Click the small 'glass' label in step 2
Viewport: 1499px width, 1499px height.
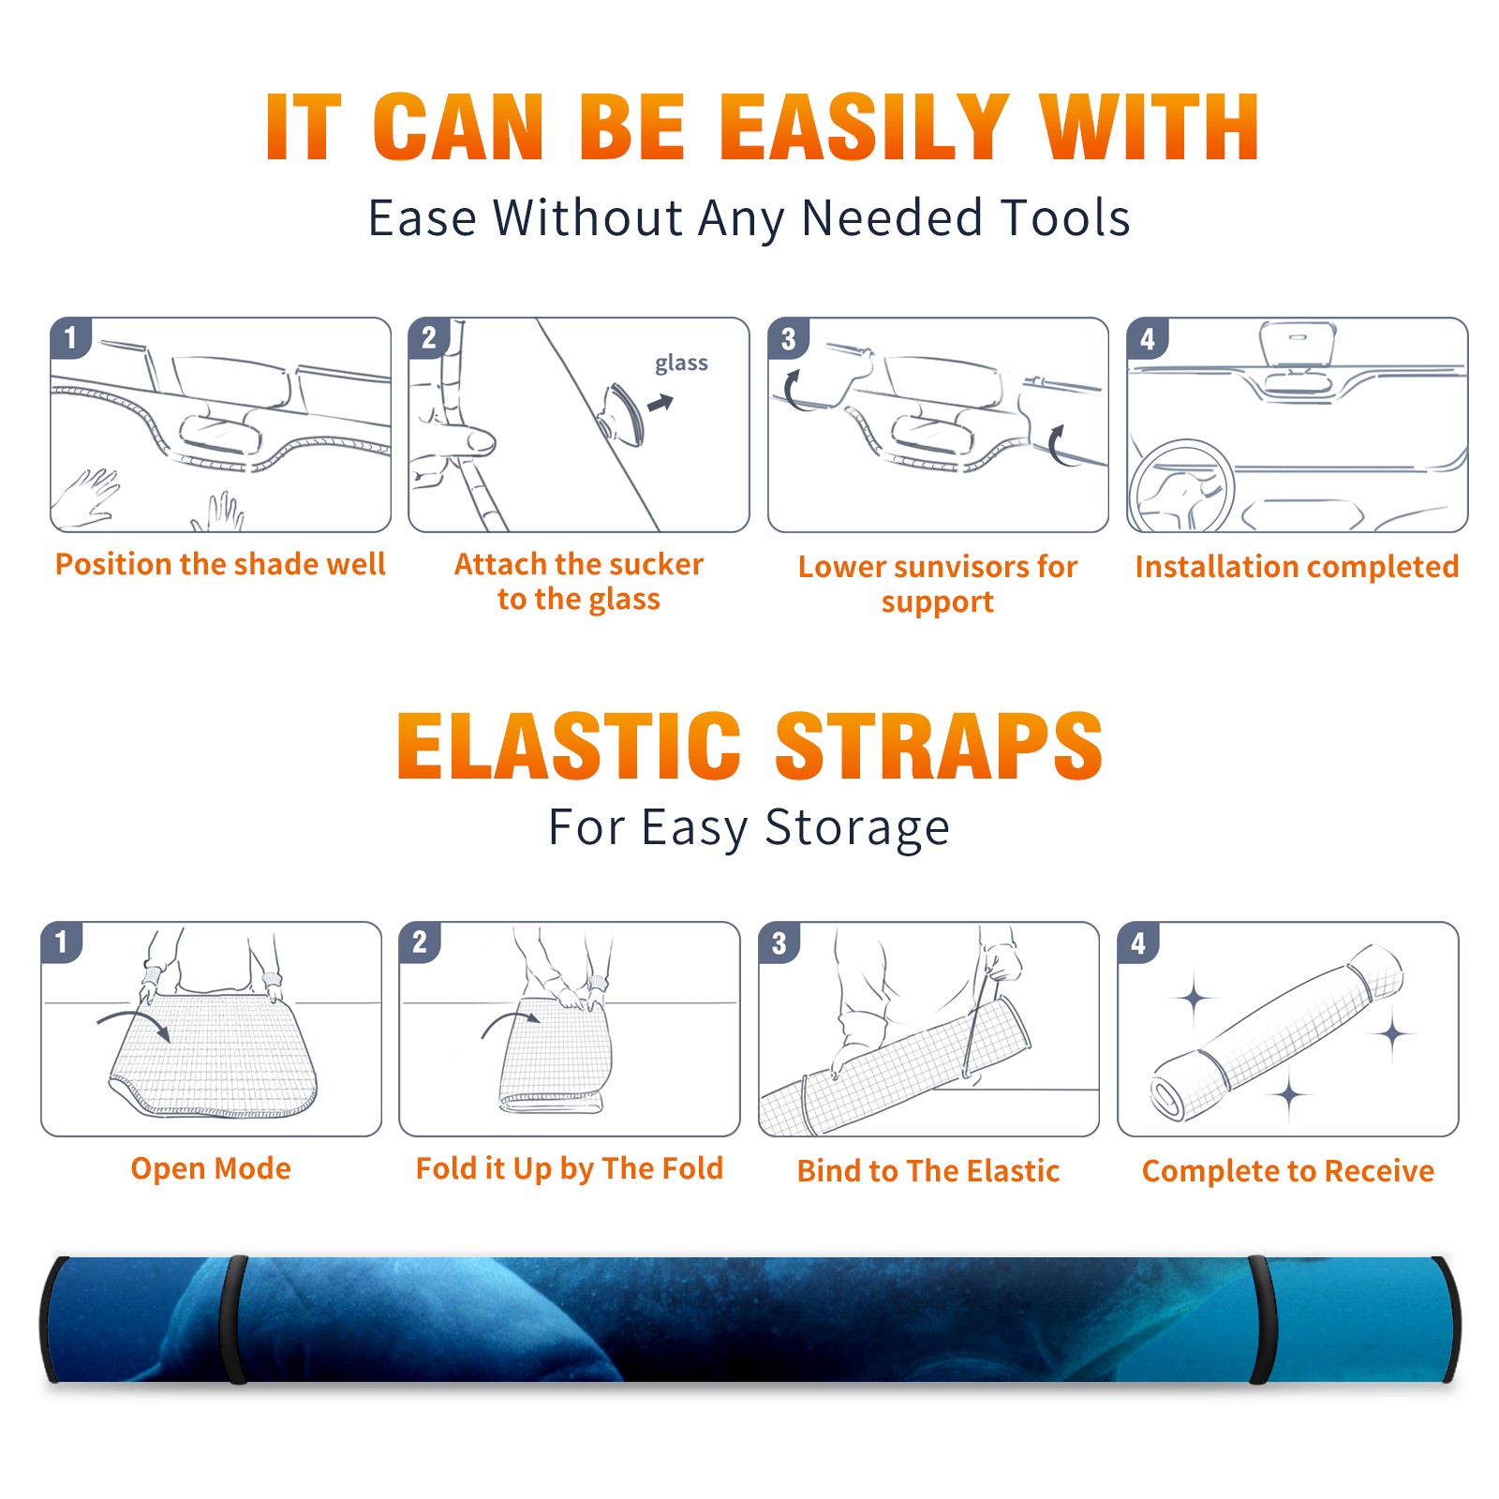click(681, 364)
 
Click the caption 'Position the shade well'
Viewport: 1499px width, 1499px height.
click(220, 564)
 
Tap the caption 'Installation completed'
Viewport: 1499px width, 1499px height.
click(1297, 567)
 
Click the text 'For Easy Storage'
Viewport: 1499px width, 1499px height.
click(749, 827)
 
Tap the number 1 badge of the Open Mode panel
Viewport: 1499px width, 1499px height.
click(62, 942)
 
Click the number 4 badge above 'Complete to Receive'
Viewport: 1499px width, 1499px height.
click(1138, 942)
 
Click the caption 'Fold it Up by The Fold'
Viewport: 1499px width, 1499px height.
click(570, 1168)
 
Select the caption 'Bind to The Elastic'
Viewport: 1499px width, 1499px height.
click(928, 1171)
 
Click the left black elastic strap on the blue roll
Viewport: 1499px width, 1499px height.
click(233, 1319)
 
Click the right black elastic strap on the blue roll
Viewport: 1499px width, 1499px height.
click(1260, 1319)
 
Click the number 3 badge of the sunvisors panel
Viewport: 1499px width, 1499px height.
click(788, 338)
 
